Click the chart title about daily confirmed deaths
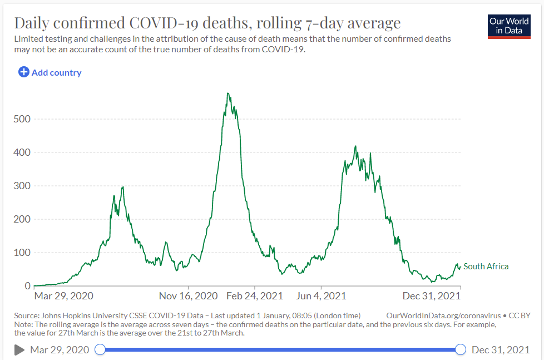pos(207,23)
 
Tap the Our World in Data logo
pos(509,26)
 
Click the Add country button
pos(50,72)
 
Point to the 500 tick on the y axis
pos(22,119)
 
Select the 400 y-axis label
pos(22,152)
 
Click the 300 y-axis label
pos(22,186)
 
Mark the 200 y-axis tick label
pos(22,219)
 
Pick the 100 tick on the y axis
pos(22,253)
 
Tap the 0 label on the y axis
pos(27,286)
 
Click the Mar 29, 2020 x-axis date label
pos(63,295)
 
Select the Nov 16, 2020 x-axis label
pos(188,295)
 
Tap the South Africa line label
pos(486,267)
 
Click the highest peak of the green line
pos(228,93)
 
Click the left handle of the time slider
pos(100,349)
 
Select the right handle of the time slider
pos(461,349)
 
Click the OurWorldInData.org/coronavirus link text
pos(444,315)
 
